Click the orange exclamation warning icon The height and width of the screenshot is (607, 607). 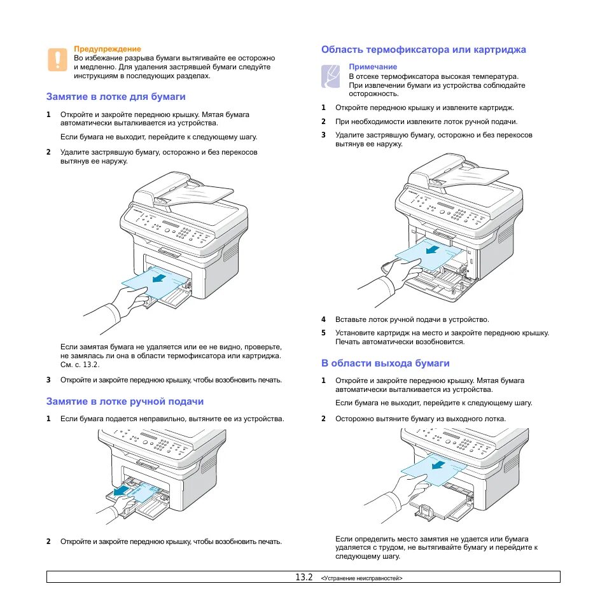pos(57,59)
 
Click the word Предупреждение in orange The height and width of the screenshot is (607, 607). pos(108,48)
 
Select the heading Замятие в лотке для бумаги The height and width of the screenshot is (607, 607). pos(116,97)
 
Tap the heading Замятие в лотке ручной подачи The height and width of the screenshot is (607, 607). pos(125,401)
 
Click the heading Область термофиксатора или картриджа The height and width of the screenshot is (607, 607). pos(424,49)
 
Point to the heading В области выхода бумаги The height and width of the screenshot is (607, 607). pos(385,363)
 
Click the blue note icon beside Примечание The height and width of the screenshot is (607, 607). pos(331,76)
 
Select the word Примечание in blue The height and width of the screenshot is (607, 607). pos(373,67)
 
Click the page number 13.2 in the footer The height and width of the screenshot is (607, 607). pos(303,577)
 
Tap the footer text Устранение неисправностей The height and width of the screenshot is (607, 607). pos(363,578)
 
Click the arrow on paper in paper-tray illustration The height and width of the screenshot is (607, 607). pos(159,277)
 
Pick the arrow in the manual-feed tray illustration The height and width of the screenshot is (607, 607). pos(121,491)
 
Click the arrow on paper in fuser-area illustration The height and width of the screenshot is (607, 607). pos(434,249)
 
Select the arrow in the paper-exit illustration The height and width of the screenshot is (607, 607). pos(438,464)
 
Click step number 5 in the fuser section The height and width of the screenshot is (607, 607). pos(323,333)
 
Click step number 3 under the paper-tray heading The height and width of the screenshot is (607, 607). pos(48,380)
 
